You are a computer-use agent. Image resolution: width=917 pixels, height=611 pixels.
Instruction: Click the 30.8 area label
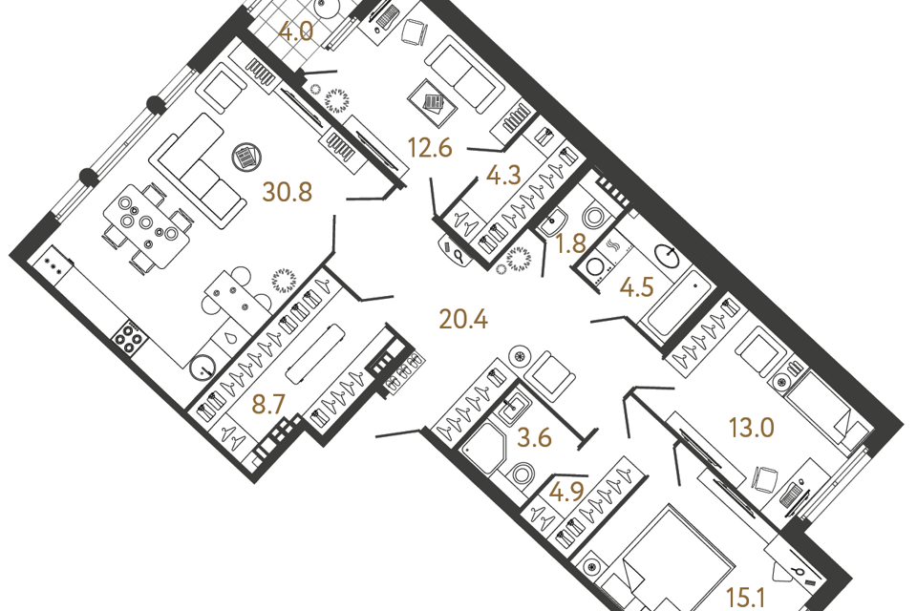(x=288, y=192)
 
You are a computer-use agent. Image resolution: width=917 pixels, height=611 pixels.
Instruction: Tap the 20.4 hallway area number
(x=463, y=319)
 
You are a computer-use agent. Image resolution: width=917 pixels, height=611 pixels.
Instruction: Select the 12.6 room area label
(x=430, y=148)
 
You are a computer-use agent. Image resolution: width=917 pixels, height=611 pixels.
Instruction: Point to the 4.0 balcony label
(x=296, y=31)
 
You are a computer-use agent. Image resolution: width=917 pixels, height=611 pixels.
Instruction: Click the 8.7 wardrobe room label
(x=267, y=404)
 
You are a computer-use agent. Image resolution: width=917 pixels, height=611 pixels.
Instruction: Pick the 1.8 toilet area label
(x=571, y=243)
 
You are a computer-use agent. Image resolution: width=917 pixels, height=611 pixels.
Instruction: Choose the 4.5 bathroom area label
(x=637, y=287)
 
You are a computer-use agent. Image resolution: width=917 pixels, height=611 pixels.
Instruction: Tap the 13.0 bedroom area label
(x=752, y=428)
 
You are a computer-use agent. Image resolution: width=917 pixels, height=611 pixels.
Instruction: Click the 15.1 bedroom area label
(x=746, y=598)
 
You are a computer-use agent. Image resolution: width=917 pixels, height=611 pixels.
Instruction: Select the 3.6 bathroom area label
(x=535, y=437)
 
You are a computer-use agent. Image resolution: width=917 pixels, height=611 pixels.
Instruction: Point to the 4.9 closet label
(x=566, y=492)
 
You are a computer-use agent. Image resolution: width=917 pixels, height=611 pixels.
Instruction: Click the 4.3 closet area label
(x=503, y=175)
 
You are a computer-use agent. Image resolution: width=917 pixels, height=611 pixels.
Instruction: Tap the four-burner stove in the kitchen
(x=129, y=339)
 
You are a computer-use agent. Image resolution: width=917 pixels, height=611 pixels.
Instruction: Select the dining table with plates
(x=147, y=225)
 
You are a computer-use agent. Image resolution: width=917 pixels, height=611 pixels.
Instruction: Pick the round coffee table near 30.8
(x=246, y=157)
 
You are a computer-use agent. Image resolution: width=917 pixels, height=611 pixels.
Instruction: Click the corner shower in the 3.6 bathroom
(x=483, y=447)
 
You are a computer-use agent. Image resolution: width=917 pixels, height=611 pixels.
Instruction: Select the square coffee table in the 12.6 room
(x=434, y=103)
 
